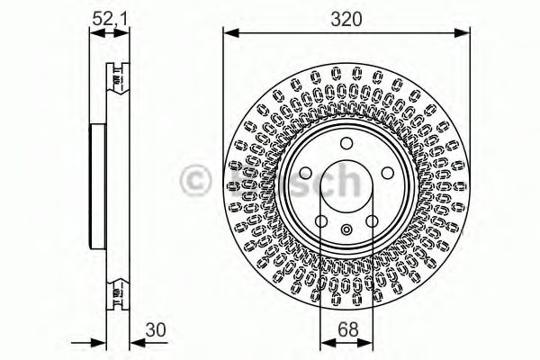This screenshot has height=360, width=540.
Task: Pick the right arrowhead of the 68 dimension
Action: pos(367,341)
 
